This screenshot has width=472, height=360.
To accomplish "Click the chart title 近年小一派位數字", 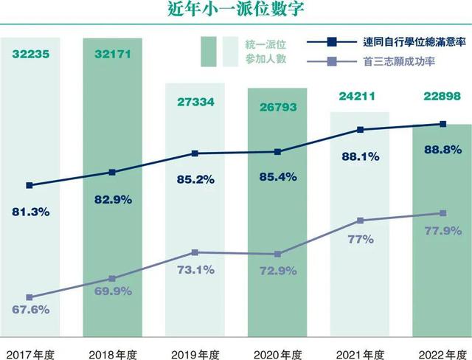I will click(x=235, y=11).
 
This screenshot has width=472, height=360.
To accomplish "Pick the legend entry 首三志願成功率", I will click(x=399, y=60).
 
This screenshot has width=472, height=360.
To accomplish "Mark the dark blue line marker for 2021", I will click(x=360, y=130).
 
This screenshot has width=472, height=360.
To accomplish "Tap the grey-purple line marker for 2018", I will click(x=112, y=279).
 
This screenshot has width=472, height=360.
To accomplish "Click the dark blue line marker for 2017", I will click(x=29, y=185).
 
